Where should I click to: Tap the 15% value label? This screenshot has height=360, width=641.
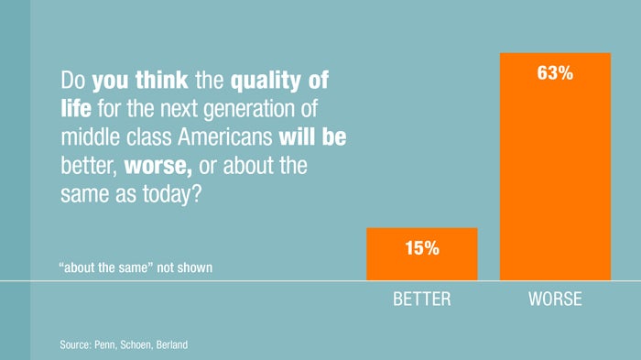421,246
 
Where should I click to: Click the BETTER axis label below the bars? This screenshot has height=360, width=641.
421,300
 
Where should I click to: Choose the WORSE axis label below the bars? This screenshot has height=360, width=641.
555,300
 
